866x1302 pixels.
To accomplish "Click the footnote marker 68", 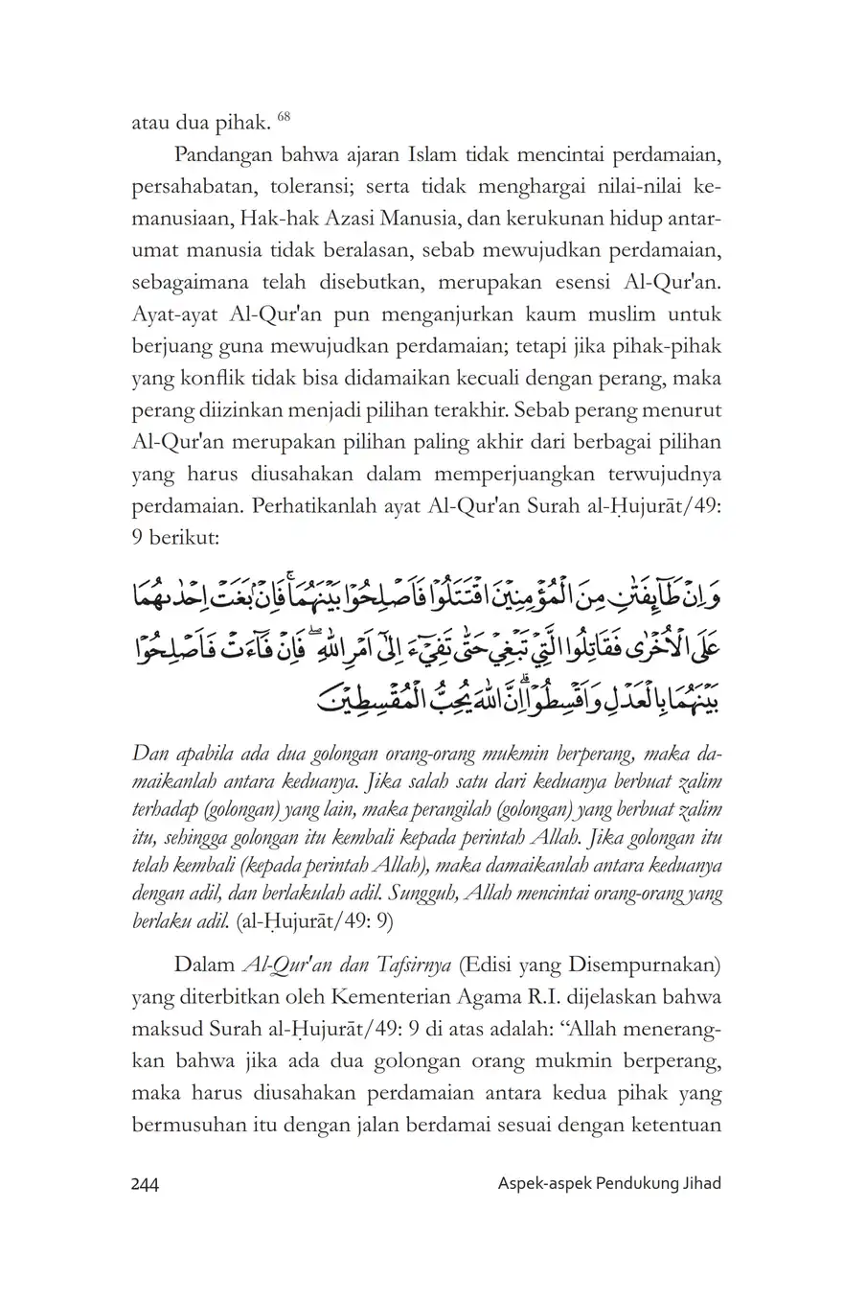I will [284, 117].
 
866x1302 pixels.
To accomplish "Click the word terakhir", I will [450, 411].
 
